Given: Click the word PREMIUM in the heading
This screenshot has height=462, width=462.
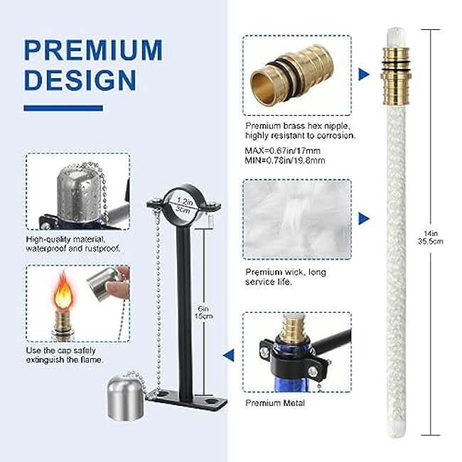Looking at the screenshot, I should (x=93, y=50).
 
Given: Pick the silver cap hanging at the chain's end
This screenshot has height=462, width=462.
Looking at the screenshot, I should (x=126, y=394).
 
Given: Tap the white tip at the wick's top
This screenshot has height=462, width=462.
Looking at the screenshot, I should (x=395, y=33).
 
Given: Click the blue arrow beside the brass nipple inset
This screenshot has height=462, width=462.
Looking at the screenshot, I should (x=365, y=73).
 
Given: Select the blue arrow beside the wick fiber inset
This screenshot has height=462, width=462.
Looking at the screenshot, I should (x=365, y=217).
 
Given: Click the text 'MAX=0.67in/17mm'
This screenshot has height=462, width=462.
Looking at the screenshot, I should (x=281, y=151).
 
